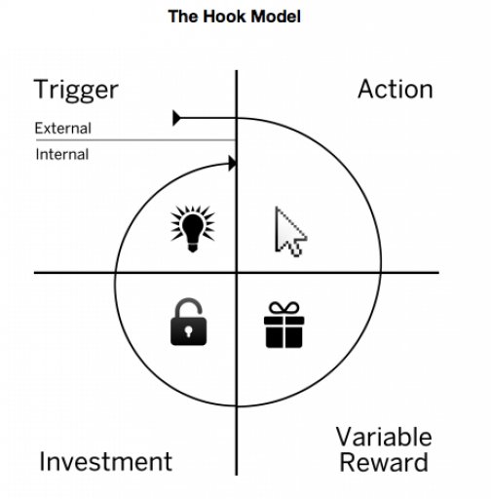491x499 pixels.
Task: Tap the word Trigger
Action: click(x=76, y=91)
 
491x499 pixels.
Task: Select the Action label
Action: click(x=395, y=90)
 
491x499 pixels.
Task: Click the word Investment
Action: click(x=105, y=461)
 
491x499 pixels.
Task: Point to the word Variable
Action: click(x=384, y=438)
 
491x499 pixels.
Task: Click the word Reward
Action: click(x=384, y=462)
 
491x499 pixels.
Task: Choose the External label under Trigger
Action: click(x=62, y=128)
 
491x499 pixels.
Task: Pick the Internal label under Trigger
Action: click(x=62, y=154)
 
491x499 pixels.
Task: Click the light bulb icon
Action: click(x=191, y=227)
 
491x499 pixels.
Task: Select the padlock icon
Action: click(x=191, y=323)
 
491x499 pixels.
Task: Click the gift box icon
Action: click(x=283, y=326)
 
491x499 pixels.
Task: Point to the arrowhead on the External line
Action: click(x=176, y=118)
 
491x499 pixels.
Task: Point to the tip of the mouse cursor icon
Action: click(x=278, y=209)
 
